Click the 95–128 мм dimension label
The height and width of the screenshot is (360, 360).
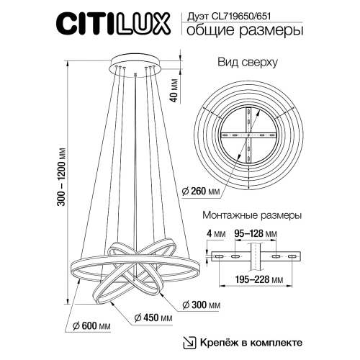(x=256, y=233)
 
